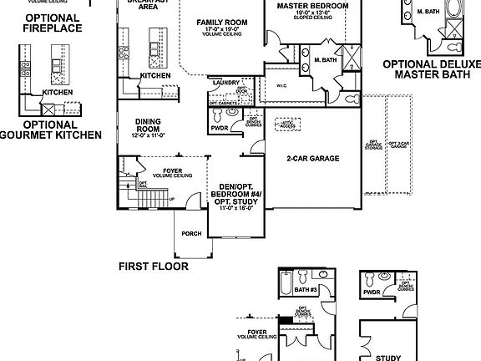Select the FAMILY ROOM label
(x=220, y=23)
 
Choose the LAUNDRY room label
(x=226, y=83)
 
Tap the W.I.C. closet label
(x=281, y=86)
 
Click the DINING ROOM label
(x=148, y=125)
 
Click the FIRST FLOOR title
(x=153, y=267)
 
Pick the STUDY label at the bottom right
(x=389, y=354)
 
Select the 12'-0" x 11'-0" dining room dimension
(x=148, y=135)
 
